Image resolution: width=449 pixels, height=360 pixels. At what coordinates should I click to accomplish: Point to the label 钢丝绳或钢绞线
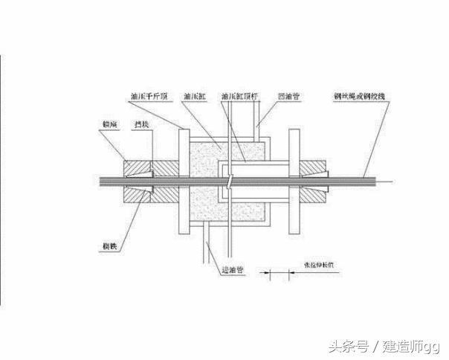pyautogui.click(x=357, y=97)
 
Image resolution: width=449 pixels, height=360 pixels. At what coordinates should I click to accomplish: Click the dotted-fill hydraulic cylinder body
pyautogui.click(x=201, y=201)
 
